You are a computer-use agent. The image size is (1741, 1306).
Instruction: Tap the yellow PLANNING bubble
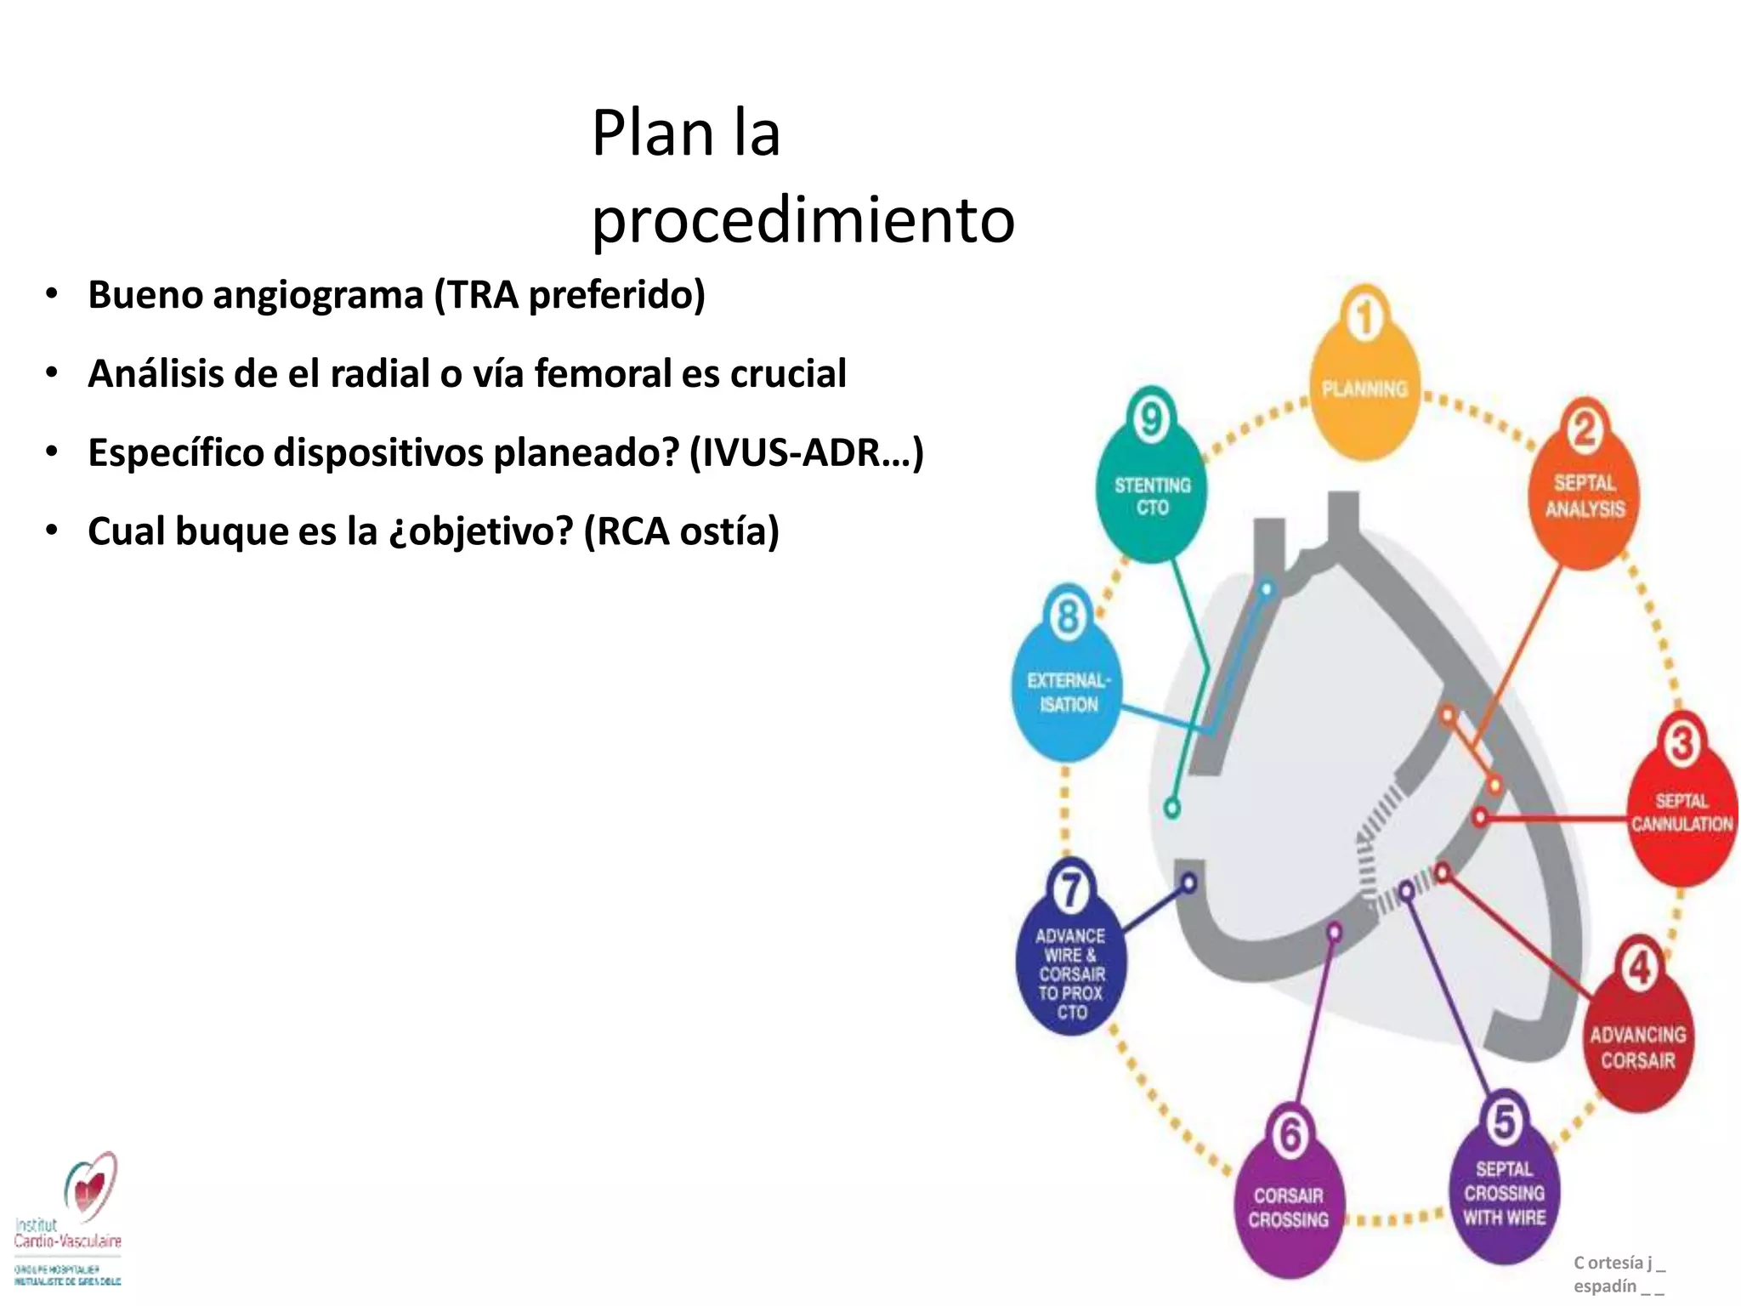1364,400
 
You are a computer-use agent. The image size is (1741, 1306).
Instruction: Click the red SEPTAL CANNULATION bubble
1681,816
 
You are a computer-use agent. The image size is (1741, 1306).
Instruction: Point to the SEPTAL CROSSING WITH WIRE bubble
1504,1195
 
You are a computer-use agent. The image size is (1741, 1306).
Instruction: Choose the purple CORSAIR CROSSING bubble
1288,1207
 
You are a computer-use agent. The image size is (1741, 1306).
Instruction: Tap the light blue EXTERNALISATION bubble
1068,693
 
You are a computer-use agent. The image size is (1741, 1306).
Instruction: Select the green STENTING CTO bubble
1152,497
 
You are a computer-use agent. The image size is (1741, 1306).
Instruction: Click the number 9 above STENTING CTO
1150,419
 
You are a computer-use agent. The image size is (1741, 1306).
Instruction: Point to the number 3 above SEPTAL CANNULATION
1681,743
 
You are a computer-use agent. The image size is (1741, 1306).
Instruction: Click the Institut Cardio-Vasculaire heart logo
90,1186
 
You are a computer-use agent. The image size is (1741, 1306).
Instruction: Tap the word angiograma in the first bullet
318,296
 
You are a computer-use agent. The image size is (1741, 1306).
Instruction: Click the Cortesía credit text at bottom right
1619,1274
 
